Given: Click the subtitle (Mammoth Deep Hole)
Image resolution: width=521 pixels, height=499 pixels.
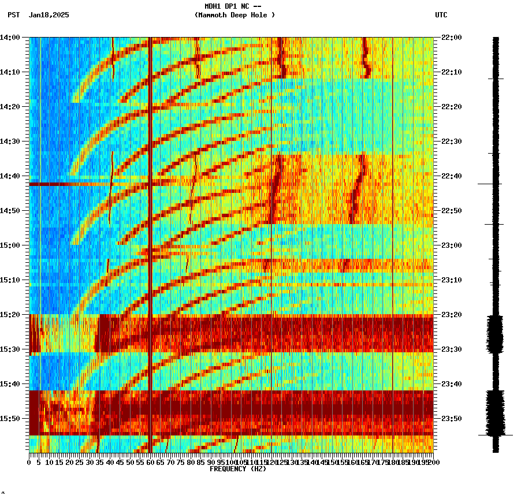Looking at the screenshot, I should coord(235,15).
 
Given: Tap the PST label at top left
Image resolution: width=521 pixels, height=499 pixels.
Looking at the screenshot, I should coord(13,15).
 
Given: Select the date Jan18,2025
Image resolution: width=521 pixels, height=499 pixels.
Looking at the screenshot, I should coord(49,15).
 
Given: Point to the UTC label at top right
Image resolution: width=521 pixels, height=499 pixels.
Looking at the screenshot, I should coord(441,15).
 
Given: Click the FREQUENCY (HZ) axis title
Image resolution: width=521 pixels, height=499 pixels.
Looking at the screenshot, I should coord(238,469).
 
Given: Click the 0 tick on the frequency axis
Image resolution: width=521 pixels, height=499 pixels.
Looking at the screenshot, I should coord(29,462).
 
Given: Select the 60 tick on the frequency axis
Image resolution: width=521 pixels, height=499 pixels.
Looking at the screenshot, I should coord(151,462).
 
